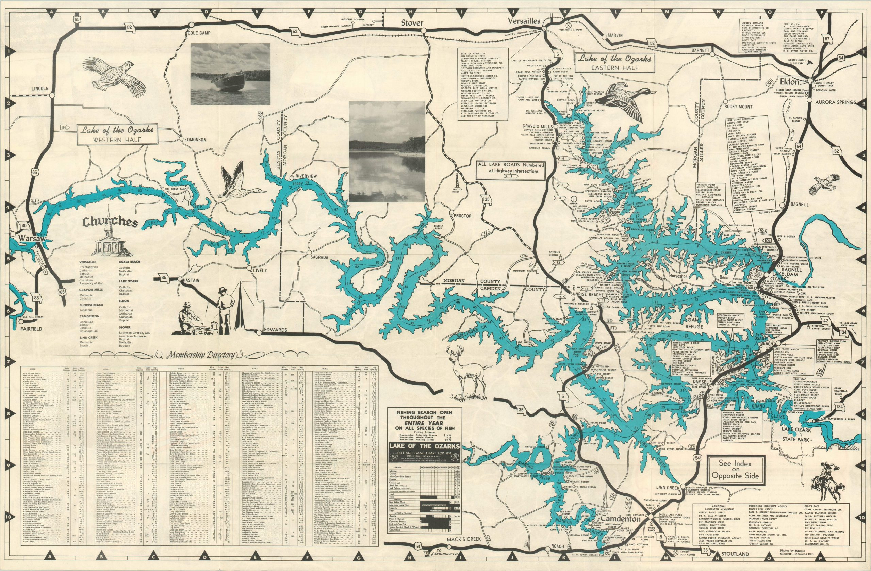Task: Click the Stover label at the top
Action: (x=412, y=23)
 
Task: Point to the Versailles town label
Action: (x=524, y=21)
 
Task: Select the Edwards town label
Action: (x=276, y=330)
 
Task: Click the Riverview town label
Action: (x=306, y=176)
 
